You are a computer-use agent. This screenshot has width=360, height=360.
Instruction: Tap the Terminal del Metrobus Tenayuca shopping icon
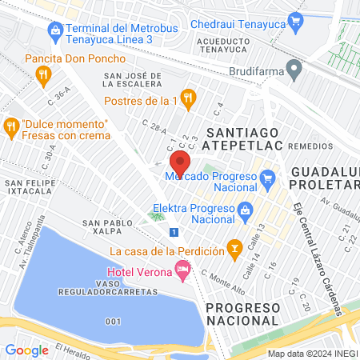55,33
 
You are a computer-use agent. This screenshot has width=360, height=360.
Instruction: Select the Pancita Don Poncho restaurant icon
44,76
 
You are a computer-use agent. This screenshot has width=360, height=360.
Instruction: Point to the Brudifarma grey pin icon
294,71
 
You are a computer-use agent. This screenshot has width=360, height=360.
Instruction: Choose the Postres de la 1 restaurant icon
188,99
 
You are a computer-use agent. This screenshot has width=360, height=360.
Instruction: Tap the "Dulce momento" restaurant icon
10,126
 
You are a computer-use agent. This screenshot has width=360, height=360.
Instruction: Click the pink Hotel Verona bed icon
183,272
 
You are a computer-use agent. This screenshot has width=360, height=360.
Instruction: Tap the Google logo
27,350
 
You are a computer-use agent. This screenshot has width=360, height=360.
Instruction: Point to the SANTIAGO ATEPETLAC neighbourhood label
243,138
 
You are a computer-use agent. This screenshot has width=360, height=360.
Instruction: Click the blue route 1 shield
174,232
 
